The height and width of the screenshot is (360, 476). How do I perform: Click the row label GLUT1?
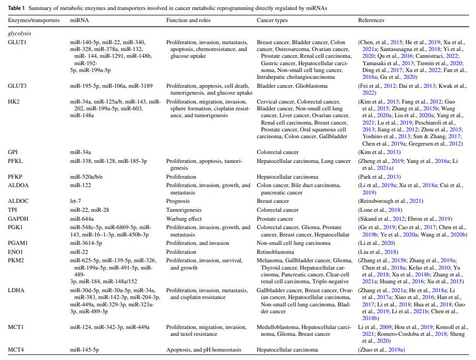click(x=17, y=43)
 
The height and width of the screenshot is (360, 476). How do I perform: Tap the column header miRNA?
click(x=79, y=20)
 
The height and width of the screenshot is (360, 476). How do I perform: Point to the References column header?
click(x=371, y=20)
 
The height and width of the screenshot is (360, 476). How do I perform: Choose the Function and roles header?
click(x=188, y=20)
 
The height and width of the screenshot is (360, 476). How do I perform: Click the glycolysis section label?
click(x=19, y=33)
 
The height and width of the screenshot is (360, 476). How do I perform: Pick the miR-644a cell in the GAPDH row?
click(x=82, y=219)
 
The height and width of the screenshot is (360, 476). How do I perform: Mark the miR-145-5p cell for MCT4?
click(x=85, y=349)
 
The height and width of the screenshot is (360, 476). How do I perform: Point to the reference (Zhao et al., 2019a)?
click(x=381, y=349)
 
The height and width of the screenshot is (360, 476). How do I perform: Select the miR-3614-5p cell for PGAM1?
click(x=86, y=243)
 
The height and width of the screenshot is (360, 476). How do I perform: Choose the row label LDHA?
click(x=16, y=290)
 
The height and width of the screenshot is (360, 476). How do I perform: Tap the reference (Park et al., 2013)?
click(x=379, y=177)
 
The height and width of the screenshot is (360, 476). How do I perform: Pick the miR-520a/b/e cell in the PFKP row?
click(x=86, y=177)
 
